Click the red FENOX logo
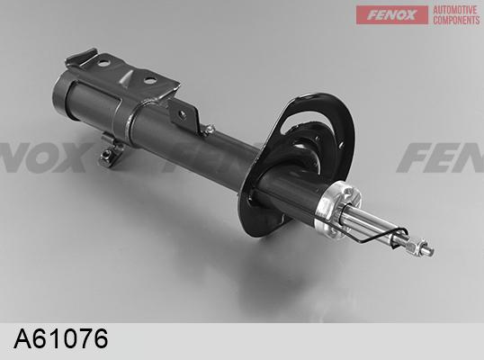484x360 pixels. [x=392, y=14]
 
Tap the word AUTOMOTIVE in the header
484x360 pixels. [x=455, y=10]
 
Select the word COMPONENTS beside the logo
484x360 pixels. [x=456, y=20]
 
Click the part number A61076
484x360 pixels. [x=61, y=338]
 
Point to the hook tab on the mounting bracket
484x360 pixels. [x=82, y=55]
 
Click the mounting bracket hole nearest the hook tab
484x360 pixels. [x=104, y=63]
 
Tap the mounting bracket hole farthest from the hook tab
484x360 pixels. [x=150, y=81]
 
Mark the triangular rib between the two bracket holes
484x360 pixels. [x=127, y=77]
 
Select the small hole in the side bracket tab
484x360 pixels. [x=183, y=115]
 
